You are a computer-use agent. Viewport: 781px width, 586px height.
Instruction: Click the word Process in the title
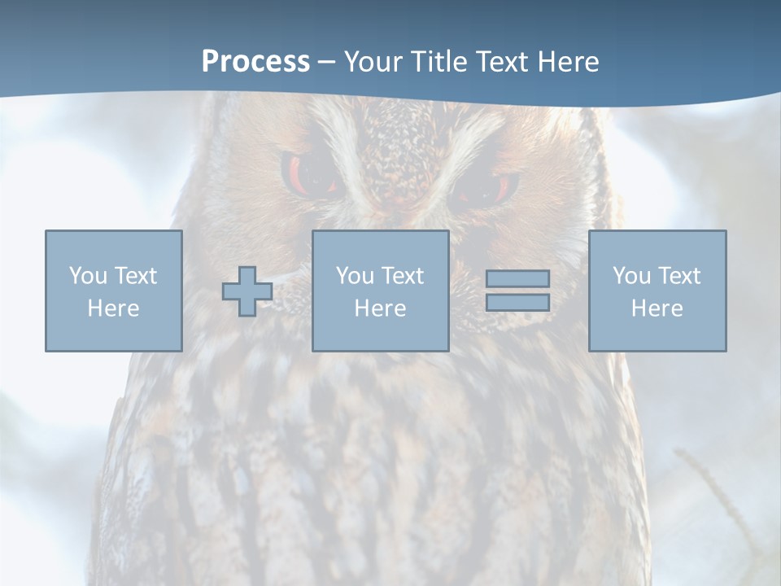(255, 62)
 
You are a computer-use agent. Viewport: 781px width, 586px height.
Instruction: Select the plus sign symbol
(247, 291)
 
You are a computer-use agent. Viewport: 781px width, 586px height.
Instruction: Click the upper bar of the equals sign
(517, 278)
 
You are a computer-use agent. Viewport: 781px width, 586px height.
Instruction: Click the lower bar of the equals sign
(517, 302)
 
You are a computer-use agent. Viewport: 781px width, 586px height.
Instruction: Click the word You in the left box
(88, 276)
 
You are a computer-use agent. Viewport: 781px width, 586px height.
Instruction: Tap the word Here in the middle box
(380, 308)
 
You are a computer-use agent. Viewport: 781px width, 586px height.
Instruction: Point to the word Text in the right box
(678, 276)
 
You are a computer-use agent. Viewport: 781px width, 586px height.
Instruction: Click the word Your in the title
(372, 62)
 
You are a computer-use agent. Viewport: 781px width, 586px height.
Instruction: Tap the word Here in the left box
(113, 308)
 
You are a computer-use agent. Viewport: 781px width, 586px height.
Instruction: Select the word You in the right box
(631, 276)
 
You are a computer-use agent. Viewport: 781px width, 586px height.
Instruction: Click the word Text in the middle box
(402, 276)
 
